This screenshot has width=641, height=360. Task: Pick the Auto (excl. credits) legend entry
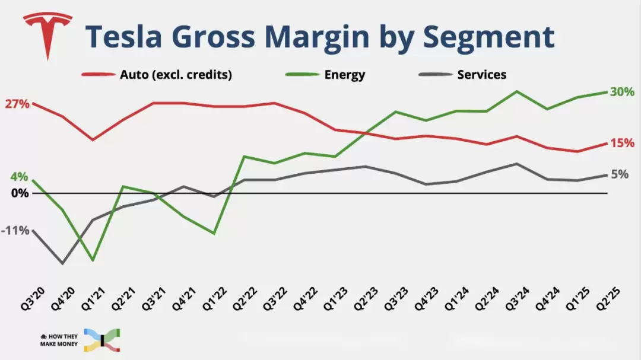point(176,75)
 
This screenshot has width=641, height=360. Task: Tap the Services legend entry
point(481,75)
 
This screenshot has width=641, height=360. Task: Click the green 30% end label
point(622,92)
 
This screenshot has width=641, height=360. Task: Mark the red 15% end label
point(622,143)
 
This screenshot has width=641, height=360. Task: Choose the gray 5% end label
point(620,174)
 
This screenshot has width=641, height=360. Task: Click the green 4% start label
point(18,177)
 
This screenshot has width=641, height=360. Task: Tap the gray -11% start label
point(15,230)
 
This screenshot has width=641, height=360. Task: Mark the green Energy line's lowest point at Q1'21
point(93,260)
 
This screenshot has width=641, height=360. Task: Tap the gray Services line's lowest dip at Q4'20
point(62,263)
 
